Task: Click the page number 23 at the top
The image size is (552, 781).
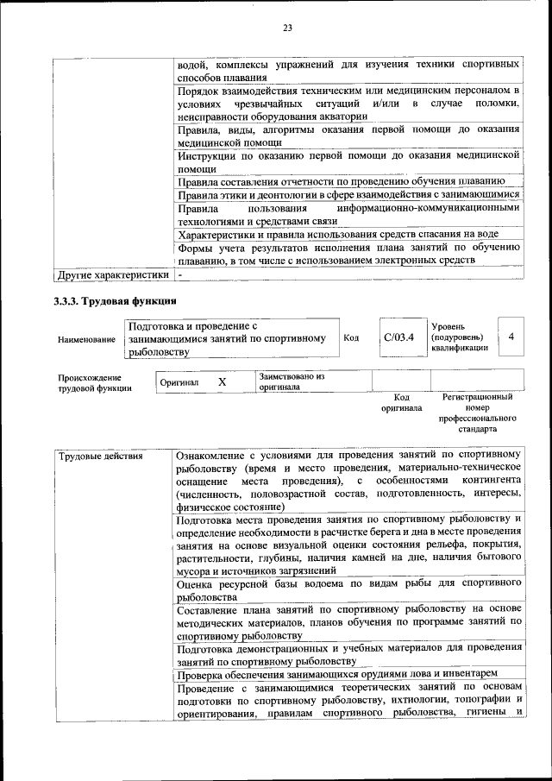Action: pos(287,28)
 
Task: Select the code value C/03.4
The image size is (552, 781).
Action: pos(399,337)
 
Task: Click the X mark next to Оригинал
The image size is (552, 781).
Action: pos(222,381)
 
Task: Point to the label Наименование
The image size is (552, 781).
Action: pos(86,340)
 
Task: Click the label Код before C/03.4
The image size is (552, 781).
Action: pos(351,338)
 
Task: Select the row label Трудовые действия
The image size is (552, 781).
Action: pos(100,456)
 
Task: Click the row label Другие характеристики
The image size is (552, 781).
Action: pos(111,274)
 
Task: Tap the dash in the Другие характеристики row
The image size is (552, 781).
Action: pos(180,274)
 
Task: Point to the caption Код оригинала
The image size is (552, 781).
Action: pos(402,402)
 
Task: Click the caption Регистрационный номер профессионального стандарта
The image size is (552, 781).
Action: pos(477,413)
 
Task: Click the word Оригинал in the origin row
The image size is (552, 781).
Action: pos(179,382)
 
